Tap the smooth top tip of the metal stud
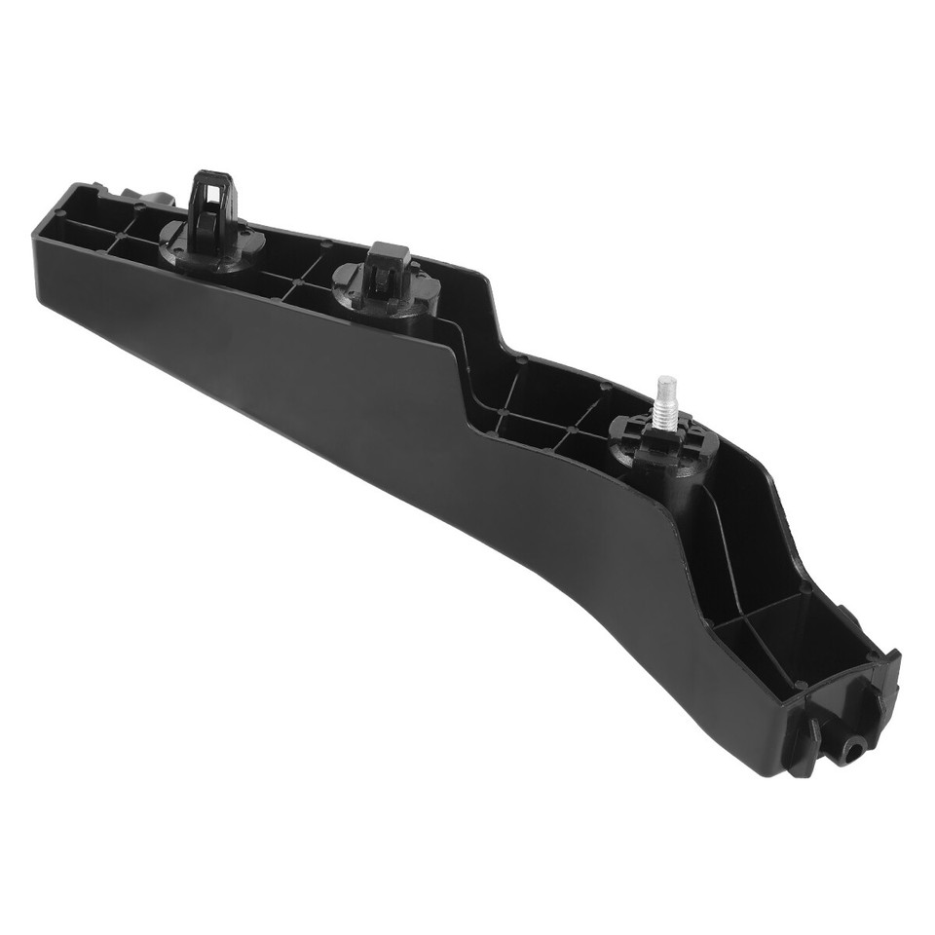[x=665, y=382]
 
